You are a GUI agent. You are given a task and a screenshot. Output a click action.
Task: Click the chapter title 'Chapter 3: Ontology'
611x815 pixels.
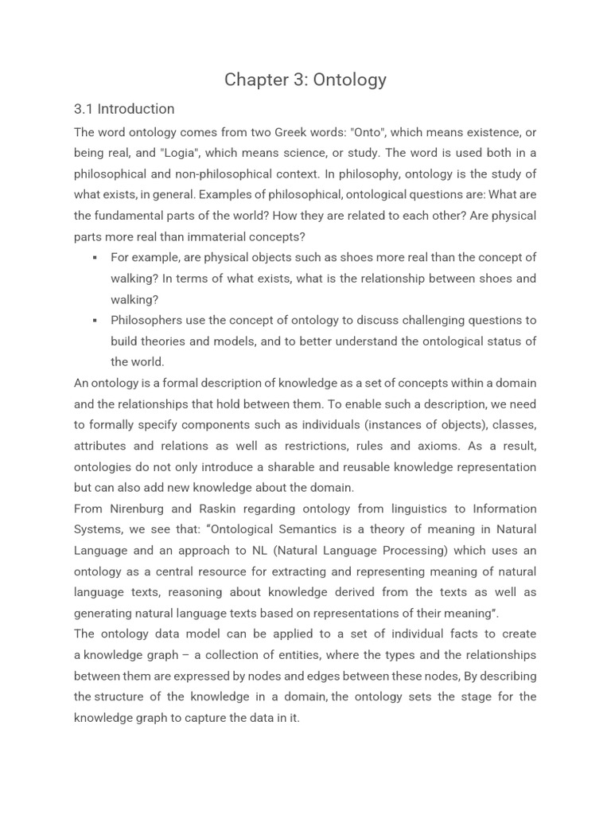(x=305, y=80)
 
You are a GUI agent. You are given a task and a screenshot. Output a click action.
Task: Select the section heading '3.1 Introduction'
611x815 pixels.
(x=123, y=109)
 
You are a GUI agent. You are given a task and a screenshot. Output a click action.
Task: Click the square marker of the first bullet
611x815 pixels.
(x=95, y=258)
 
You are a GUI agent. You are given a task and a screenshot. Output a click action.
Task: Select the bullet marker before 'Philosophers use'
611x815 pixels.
(x=95, y=321)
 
